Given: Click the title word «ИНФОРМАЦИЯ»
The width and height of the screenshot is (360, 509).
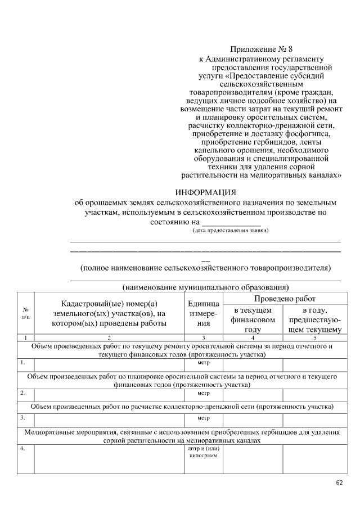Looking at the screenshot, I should [205, 191].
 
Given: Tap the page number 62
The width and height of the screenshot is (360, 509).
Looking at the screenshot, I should [339, 483].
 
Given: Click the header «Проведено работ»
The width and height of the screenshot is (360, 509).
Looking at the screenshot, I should [285, 298].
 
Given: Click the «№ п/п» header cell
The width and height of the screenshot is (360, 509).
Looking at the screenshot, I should [26, 313].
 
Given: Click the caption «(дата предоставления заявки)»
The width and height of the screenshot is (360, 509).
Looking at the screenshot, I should [230, 231].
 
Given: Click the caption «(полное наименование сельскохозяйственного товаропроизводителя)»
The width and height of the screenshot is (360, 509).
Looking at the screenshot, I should [205, 268].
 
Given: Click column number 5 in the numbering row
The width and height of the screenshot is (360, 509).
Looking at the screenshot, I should [315, 337].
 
